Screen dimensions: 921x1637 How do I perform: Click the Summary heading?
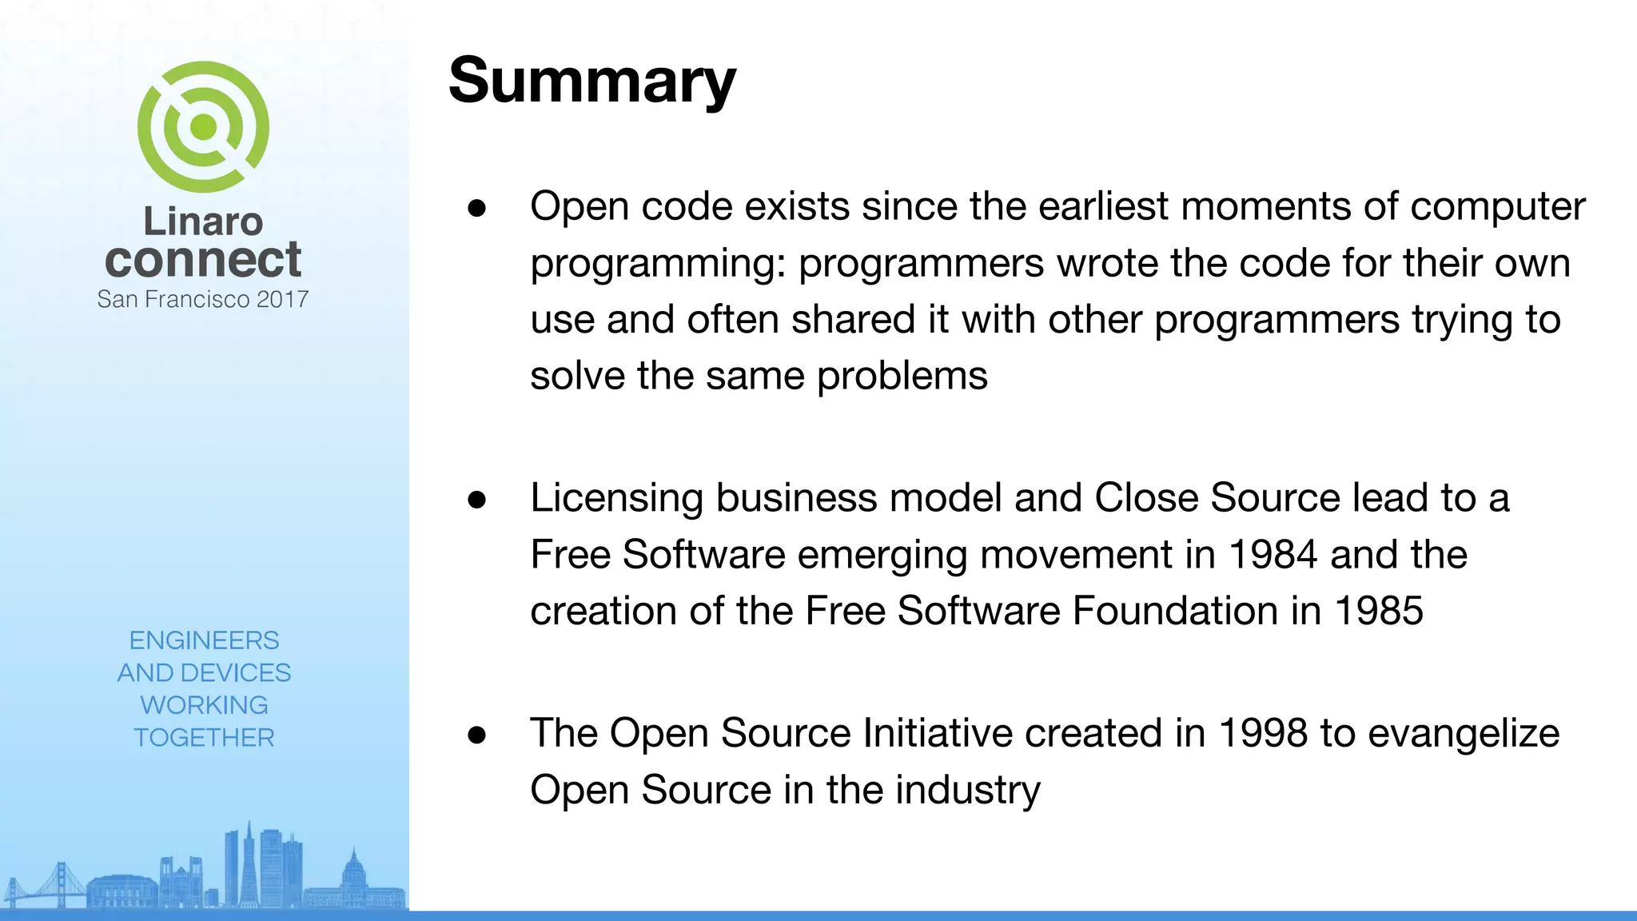[591, 82]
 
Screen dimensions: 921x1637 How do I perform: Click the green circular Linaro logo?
[203, 126]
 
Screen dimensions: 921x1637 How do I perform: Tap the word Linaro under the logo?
[203, 221]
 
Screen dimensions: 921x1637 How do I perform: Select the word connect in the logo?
[203, 260]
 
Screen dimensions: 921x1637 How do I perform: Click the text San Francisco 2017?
[203, 299]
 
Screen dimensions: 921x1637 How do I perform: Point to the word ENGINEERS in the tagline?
[204, 640]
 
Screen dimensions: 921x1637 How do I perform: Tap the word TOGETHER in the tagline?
[204, 737]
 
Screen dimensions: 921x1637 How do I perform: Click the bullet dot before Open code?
[477, 208]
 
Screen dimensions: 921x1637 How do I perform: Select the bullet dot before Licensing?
[477, 500]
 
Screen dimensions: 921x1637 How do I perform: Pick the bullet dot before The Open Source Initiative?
[477, 735]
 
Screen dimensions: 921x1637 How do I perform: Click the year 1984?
[1272, 554]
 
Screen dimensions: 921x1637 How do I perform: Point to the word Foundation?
[1174, 611]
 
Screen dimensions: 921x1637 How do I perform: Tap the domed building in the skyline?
[353, 871]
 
